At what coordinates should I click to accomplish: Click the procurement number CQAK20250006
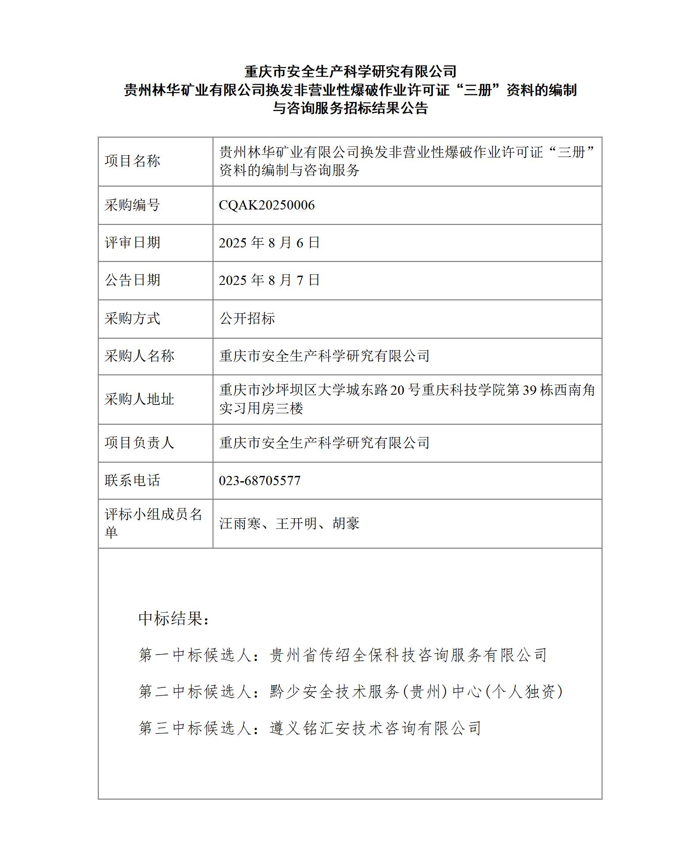266,205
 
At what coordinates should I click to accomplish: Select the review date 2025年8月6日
269,243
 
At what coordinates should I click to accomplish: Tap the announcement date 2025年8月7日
269,280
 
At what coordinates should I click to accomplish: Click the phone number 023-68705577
259,480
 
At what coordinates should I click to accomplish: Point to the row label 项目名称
132,161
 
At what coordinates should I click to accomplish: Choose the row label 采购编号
132,205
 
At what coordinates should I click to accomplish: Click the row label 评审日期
132,243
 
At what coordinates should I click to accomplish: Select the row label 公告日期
132,280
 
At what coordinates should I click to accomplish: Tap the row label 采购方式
132,318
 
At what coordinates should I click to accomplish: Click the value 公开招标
247,318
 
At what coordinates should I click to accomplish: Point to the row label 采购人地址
139,399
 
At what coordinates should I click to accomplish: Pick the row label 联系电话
132,480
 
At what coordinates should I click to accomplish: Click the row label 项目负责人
139,443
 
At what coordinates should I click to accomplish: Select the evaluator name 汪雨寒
240,524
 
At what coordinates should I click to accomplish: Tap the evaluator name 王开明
296,524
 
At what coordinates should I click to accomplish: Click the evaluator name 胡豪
346,524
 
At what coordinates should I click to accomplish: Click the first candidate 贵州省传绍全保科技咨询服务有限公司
408,655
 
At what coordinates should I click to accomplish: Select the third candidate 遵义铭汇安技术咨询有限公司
375,728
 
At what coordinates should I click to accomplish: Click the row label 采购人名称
139,356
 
